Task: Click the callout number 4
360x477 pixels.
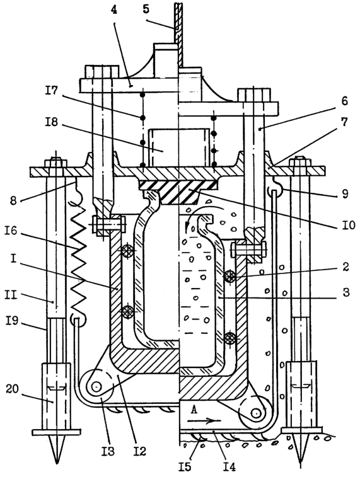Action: click(x=114, y=10)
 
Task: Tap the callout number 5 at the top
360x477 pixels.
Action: click(x=146, y=9)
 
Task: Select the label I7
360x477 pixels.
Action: click(x=52, y=90)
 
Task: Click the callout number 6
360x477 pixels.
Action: click(x=344, y=101)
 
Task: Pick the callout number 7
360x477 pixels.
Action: click(x=344, y=122)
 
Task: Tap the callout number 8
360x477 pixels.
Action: click(x=13, y=200)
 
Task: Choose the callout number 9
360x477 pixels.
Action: click(x=344, y=193)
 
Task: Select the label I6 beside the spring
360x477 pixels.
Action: click(x=11, y=231)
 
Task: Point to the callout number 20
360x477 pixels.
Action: click(x=12, y=389)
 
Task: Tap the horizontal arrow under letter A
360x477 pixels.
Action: click(x=204, y=421)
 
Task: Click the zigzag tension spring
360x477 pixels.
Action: click(x=78, y=260)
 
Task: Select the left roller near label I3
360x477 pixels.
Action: click(x=96, y=387)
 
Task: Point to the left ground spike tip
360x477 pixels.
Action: click(x=57, y=463)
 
